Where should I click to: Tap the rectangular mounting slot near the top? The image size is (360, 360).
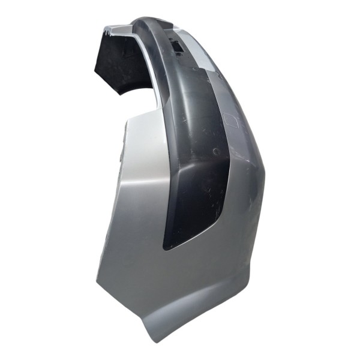click(x=177, y=45)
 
